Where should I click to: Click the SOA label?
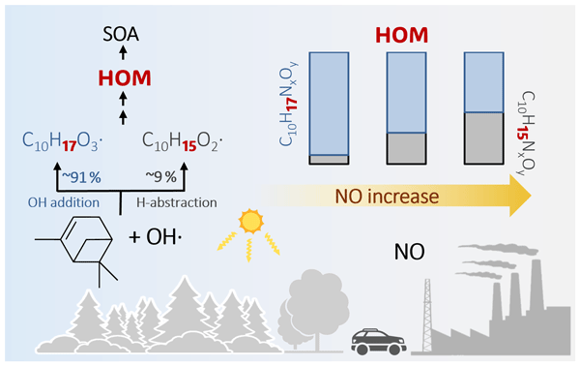tap(121, 35)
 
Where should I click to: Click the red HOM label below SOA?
tap(125, 78)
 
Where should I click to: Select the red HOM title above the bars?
tap(402, 35)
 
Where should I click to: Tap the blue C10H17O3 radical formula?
tap(62, 141)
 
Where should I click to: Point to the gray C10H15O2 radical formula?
tap(183, 141)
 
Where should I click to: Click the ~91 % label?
tap(81, 177)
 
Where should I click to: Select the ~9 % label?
tap(160, 177)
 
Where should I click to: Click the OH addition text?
tap(64, 202)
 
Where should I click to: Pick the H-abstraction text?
tap(177, 202)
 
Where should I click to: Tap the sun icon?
tap(250, 222)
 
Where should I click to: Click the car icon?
tap(378, 341)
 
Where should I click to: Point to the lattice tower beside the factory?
tap(427, 315)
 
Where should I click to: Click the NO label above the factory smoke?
tap(410, 252)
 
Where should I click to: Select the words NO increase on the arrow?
tap(387, 196)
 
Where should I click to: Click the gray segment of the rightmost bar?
tap(484, 138)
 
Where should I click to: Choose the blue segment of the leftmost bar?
tap(329, 104)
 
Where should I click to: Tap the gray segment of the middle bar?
tap(406, 148)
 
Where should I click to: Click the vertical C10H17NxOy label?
tap(288, 104)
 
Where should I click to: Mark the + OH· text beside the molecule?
tap(156, 236)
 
